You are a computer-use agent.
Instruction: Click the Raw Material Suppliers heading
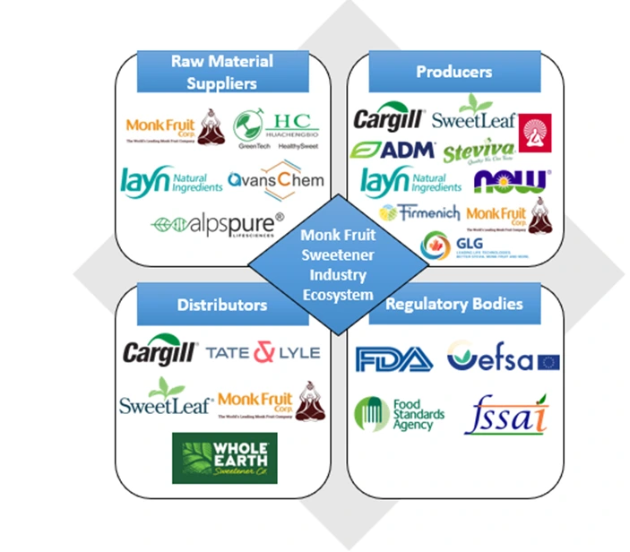(221, 73)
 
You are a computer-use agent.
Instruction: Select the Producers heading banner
(453, 72)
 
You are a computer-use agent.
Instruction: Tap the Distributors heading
(221, 304)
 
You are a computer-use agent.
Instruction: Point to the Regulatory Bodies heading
(453, 304)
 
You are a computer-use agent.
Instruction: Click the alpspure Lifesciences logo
(218, 222)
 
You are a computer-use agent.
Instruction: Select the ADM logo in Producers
(393, 150)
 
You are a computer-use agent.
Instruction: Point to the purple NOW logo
(512, 181)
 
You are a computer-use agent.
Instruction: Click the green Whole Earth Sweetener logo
(225, 458)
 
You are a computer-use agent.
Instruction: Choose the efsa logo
(503, 359)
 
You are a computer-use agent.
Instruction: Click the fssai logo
(510, 413)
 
